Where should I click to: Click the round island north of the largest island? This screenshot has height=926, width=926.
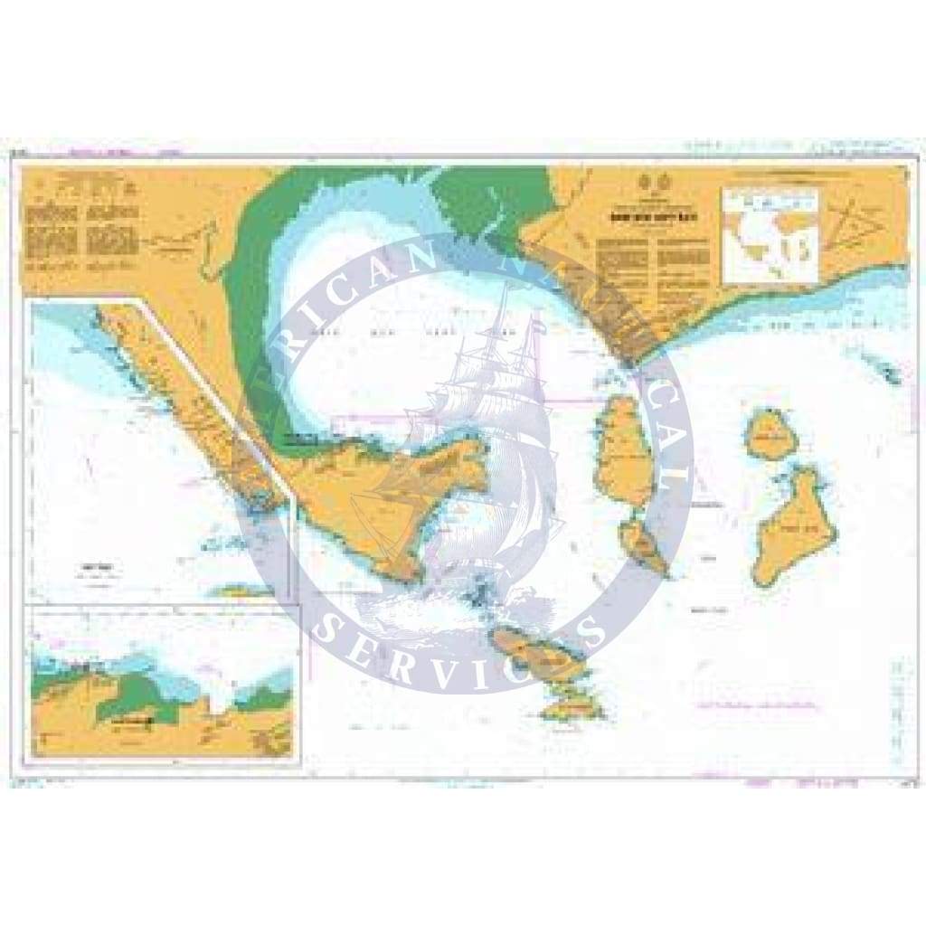pyautogui.click(x=770, y=437)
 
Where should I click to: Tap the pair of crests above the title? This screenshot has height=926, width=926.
pyautogui.click(x=638, y=179)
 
